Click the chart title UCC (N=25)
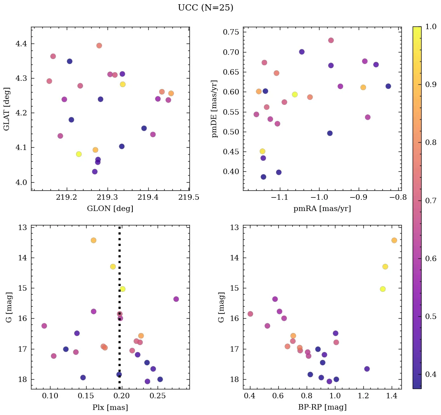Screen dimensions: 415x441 (205, 8)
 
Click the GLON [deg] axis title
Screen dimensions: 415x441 (110, 209)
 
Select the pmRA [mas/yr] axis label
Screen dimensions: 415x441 (322, 209)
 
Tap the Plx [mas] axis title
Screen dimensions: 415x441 (110, 407)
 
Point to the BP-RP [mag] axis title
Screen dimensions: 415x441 (322, 407)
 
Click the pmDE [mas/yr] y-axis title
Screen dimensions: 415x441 (215, 109)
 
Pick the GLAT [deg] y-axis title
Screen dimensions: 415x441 (7, 109)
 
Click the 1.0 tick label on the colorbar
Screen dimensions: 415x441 (431, 26)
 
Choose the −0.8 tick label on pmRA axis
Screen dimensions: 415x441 (398, 198)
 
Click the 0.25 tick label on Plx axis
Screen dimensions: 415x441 (158, 396)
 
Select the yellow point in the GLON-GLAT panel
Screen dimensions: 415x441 (79, 154)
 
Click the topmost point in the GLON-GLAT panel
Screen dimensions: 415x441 (99, 45)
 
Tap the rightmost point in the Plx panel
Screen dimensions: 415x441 (176, 299)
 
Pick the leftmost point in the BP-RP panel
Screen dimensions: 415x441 (250, 314)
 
